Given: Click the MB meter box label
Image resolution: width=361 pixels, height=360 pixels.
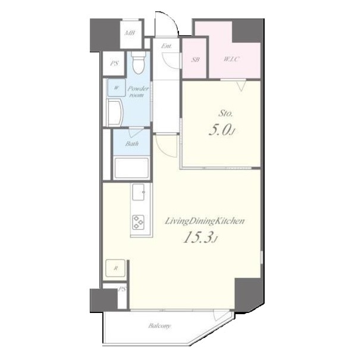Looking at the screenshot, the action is click(x=130, y=33).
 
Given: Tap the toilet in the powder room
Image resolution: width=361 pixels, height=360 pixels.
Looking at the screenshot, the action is click(x=139, y=62).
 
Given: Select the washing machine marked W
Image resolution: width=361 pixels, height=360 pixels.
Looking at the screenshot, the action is click(x=117, y=87).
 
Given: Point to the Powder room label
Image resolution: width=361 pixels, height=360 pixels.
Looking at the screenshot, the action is click(x=138, y=92).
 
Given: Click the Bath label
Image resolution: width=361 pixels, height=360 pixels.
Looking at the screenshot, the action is click(x=132, y=144).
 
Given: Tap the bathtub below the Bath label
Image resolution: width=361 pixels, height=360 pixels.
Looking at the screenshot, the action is click(x=131, y=168).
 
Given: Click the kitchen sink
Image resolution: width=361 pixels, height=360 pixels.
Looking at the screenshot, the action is click(x=139, y=192).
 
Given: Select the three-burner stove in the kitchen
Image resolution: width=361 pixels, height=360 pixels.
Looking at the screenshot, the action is click(x=138, y=223).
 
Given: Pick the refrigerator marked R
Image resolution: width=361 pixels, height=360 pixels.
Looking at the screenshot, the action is click(x=115, y=268).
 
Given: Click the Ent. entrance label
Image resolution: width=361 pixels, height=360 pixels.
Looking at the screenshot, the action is click(x=166, y=46).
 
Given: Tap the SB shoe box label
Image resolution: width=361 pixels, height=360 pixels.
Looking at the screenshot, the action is click(x=196, y=60).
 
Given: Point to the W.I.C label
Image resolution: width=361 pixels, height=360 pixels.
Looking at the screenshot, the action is click(x=231, y=59).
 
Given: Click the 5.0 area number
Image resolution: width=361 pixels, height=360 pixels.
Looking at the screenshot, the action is click(x=219, y=130).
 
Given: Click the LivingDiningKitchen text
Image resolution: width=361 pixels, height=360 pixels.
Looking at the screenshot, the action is click(x=205, y=221).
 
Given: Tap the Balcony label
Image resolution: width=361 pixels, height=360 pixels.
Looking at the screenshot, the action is click(x=159, y=326).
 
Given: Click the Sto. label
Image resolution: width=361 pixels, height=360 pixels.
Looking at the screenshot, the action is click(x=225, y=114).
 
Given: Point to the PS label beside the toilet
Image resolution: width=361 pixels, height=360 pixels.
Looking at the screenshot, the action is click(x=114, y=63).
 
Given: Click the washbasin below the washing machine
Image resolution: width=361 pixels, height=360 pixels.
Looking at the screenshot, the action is click(x=115, y=112).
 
